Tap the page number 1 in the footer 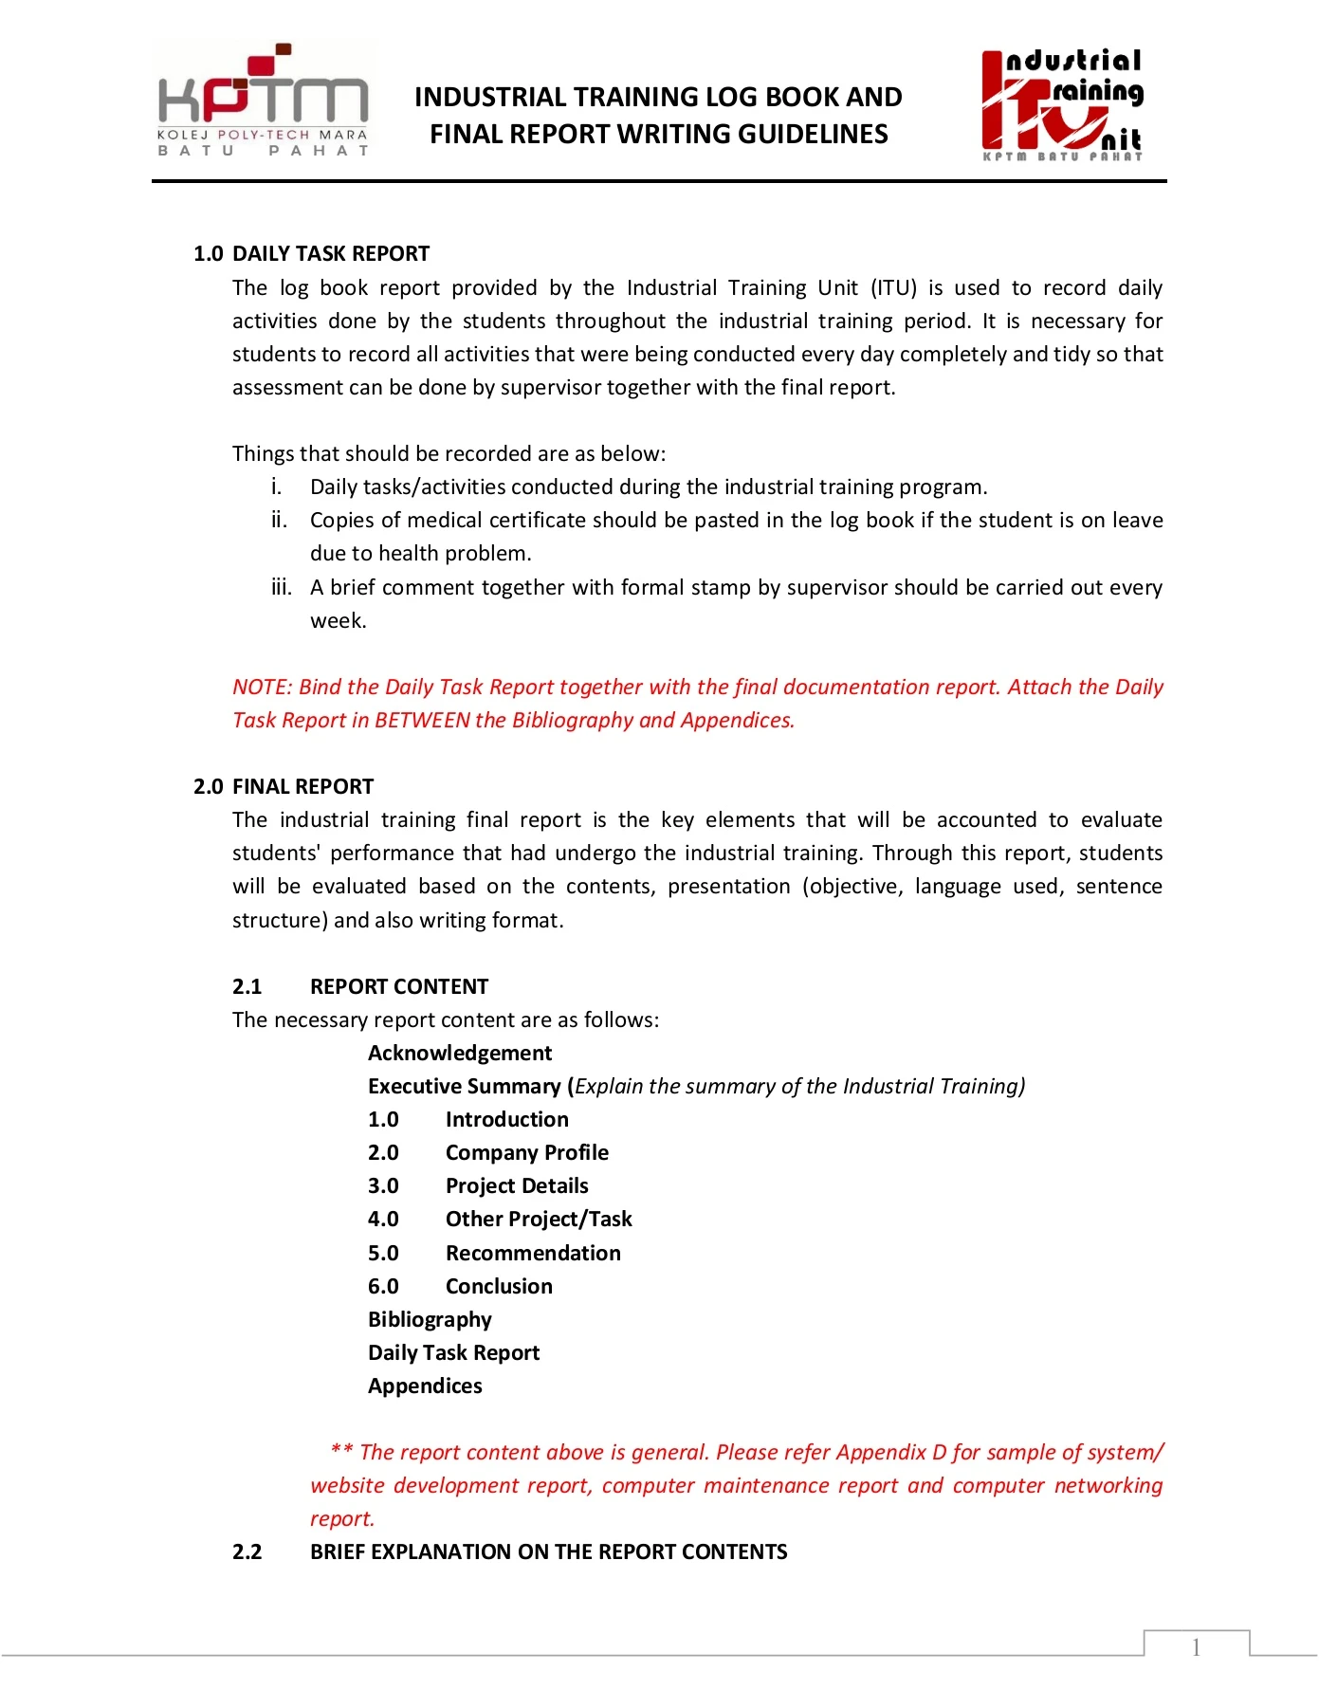[x=1196, y=1647]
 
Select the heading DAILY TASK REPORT [x=331, y=254]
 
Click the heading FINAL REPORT [x=302, y=786]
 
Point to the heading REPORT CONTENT [x=398, y=986]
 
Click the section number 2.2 [x=247, y=1551]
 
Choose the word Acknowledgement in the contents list [x=460, y=1053]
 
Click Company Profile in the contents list [x=527, y=1152]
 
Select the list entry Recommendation [x=533, y=1253]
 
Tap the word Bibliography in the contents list [x=430, y=1319]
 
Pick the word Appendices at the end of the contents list [x=425, y=1386]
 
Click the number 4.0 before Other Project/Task [x=383, y=1220]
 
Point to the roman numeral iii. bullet [x=281, y=587]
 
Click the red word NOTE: [x=262, y=687]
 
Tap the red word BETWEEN [x=422, y=720]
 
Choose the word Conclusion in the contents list [x=499, y=1286]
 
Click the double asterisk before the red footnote [x=341, y=1451]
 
